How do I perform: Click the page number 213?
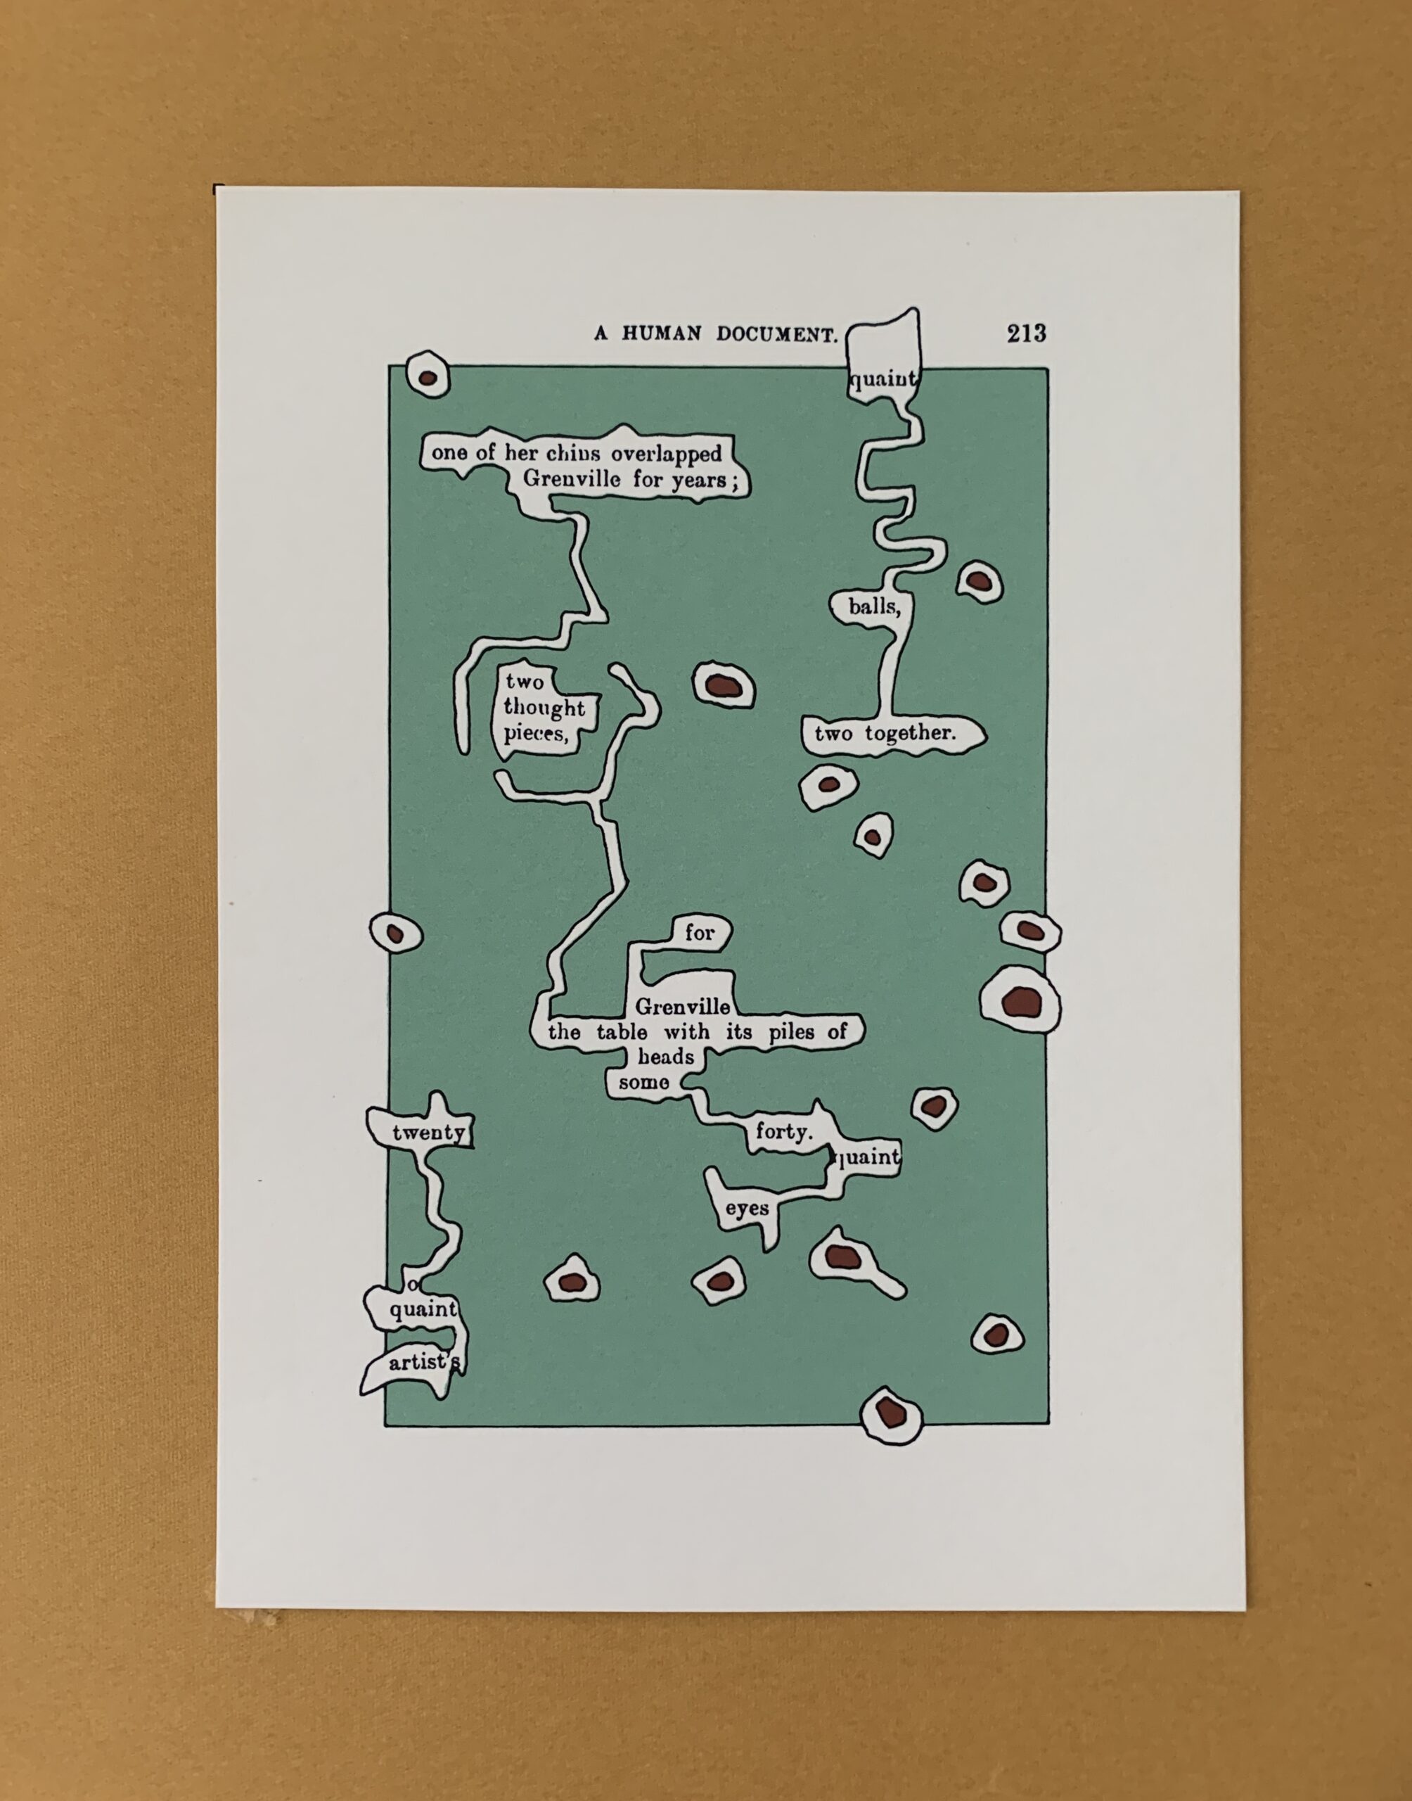(x=1026, y=333)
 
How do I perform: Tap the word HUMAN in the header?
(x=662, y=334)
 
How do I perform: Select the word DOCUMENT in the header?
(x=777, y=334)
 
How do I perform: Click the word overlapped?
(x=667, y=454)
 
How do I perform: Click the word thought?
(x=544, y=708)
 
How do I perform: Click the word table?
(x=622, y=1032)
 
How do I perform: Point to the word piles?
(x=791, y=1033)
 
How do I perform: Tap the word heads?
(x=665, y=1057)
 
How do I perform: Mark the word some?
(x=643, y=1083)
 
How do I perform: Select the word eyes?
(x=747, y=1209)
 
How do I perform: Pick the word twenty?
(x=428, y=1132)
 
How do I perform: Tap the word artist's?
(x=423, y=1362)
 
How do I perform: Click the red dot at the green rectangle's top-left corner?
(x=428, y=378)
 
